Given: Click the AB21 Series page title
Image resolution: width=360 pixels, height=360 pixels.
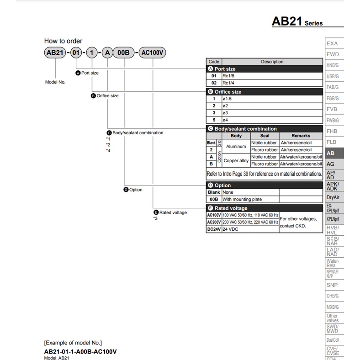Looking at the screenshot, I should tap(297, 21).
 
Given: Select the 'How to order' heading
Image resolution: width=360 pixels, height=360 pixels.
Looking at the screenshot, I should tap(63, 41).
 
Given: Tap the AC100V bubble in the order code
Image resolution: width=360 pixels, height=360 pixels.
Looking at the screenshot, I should tap(152, 53).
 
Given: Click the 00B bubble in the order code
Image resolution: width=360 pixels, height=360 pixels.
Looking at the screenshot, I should tap(124, 53).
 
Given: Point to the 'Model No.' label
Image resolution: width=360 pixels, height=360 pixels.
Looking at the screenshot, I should tap(55, 82).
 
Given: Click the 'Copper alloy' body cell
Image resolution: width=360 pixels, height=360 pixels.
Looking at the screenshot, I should tap(236, 160).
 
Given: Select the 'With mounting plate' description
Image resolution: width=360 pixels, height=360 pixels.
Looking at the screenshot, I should tap(242, 200).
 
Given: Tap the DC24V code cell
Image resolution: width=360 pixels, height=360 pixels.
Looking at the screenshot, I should tap(214, 229).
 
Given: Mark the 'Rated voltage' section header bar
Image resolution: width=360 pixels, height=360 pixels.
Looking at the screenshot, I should tap(265, 208).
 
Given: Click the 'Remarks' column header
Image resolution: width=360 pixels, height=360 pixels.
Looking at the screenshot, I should tap(301, 136).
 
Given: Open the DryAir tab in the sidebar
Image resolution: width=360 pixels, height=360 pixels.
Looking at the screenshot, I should tap(333, 197).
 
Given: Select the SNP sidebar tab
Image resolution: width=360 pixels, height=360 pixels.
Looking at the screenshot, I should tap(332, 285).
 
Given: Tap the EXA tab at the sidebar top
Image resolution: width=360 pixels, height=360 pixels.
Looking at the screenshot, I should tap(332, 43).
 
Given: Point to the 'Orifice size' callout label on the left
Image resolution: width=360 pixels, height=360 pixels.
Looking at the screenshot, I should tap(107, 96).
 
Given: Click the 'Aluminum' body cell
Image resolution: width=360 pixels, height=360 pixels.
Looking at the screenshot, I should tap(236, 146).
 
